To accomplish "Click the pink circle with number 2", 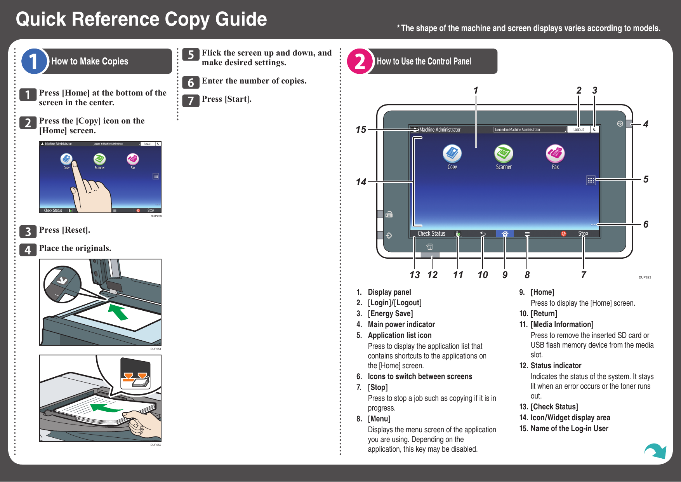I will click(x=360, y=61).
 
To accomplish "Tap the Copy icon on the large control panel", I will click(x=452, y=154).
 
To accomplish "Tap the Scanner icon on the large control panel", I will click(x=504, y=154).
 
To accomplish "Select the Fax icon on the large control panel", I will click(x=555, y=154).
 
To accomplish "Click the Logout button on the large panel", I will click(x=578, y=130).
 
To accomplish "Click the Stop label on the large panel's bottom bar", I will click(x=583, y=233).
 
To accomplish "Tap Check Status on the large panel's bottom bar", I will click(x=431, y=233).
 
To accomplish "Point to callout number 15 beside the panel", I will click(x=361, y=130).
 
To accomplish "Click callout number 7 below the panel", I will click(x=583, y=275).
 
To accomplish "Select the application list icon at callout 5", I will click(x=591, y=180).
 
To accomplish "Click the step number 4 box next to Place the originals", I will click(x=28, y=250).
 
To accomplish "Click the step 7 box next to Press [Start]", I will click(x=191, y=101).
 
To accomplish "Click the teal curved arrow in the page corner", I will click(x=656, y=451).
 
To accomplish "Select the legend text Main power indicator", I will click(x=401, y=324).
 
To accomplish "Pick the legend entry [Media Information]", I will click(x=562, y=324).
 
